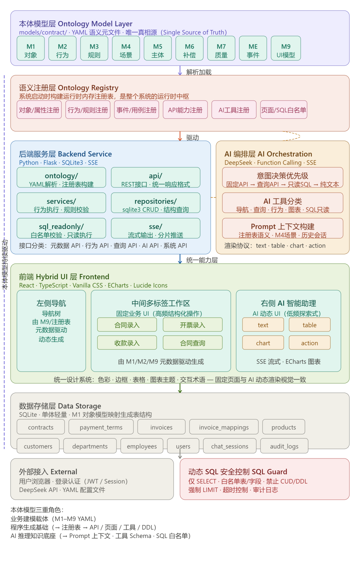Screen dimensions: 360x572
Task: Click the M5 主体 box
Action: coord(158,51)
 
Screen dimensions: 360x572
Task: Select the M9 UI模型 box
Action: coord(286,51)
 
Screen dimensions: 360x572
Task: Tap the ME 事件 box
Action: coord(253,51)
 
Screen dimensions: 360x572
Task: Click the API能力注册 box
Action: coord(185,110)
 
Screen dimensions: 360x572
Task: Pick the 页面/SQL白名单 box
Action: coord(284,110)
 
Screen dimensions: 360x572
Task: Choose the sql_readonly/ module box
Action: coord(61,230)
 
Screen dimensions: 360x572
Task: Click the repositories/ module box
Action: coord(156,205)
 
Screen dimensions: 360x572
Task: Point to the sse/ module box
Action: coord(156,230)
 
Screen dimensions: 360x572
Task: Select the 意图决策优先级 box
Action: coord(283,179)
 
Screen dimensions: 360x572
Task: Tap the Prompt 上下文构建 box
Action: coord(283,230)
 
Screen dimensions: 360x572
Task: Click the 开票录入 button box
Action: coord(193,325)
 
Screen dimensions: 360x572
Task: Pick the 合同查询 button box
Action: coord(193,343)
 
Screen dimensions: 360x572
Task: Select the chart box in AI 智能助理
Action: coord(263,343)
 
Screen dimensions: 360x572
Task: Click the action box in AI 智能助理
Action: coord(310,343)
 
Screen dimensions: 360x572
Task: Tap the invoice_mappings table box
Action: coord(224,427)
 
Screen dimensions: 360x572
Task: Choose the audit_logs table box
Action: coord(284,446)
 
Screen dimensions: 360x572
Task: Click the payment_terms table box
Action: coord(101,427)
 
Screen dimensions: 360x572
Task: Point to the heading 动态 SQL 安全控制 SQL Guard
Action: coord(238,472)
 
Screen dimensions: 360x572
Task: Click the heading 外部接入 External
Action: coord(48,472)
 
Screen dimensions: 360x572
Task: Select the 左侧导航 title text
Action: coord(51,303)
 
